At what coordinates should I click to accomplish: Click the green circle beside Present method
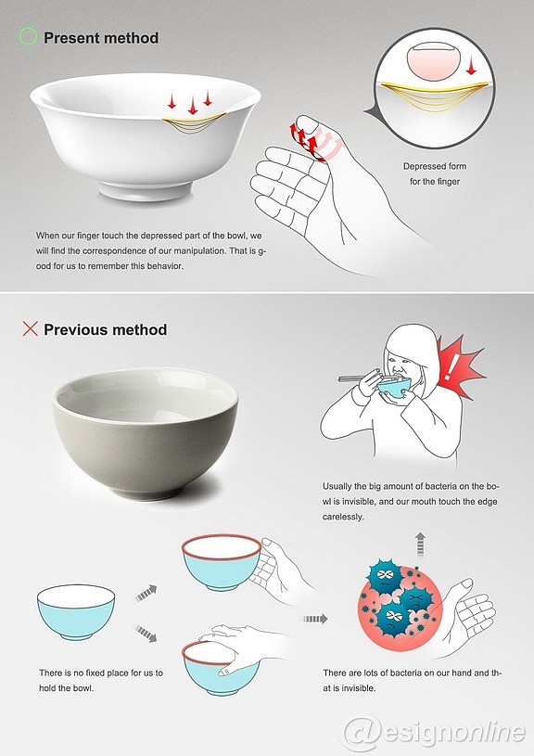tap(28, 37)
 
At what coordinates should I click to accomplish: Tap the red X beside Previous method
tap(30, 328)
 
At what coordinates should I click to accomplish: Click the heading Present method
tap(101, 38)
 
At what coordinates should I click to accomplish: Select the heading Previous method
tap(106, 330)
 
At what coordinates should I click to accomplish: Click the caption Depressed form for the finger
tap(435, 173)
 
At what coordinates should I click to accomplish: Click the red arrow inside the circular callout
tap(471, 66)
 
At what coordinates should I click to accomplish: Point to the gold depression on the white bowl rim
tap(194, 123)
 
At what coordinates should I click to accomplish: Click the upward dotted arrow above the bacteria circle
tap(420, 545)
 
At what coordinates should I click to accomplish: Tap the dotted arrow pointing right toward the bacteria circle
tap(316, 619)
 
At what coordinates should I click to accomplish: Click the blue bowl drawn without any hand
tap(76, 612)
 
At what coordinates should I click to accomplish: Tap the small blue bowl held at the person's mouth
tap(394, 387)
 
